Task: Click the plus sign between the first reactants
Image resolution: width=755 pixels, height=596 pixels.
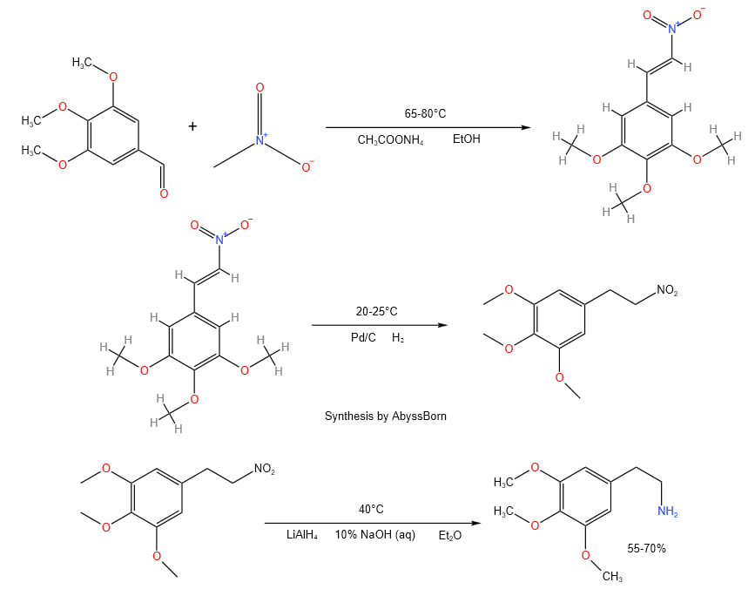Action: click(192, 126)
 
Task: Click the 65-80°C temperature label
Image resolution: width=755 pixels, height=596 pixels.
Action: click(426, 114)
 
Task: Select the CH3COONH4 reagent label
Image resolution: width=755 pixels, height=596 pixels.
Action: click(390, 139)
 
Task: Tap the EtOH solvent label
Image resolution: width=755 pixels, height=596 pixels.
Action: click(467, 139)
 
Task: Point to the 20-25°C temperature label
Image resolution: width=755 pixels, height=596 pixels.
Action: click(377, 312)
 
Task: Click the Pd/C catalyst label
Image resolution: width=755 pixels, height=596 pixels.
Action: click(362, 337)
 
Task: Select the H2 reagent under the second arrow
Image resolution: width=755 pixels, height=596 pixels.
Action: click(398, 337)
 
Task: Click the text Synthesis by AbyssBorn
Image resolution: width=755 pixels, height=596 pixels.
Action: click(386, 417)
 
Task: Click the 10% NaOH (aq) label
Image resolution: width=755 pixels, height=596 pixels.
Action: click(375, 535)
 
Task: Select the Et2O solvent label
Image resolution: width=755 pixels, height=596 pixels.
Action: click(450, 535)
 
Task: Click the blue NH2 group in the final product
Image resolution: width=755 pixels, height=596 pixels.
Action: click(668, 511)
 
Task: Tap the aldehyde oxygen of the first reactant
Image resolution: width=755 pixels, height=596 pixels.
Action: click(164, 193)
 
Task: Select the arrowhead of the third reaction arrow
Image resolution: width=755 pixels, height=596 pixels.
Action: click(476, 524)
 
